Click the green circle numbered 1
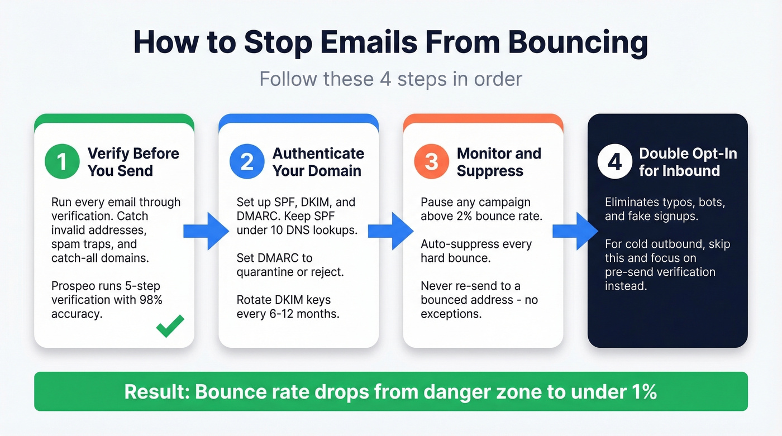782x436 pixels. pos(62,162)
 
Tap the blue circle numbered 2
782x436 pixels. pos(246,162)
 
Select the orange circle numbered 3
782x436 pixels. pos(431,162)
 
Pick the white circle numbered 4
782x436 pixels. pos(614,162)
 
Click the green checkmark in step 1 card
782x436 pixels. pos(170,326)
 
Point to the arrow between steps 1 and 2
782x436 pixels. pos(206,230)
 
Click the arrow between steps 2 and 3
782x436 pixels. pos(391,230)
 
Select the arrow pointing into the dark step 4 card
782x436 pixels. pos(575,230)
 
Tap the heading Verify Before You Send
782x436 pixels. pos(133,162)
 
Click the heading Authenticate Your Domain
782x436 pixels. pos(318,162)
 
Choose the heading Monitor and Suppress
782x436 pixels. pos(498,162)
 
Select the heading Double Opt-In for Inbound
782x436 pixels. pos(688,162)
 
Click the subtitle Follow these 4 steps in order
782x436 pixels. pos(390,79)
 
